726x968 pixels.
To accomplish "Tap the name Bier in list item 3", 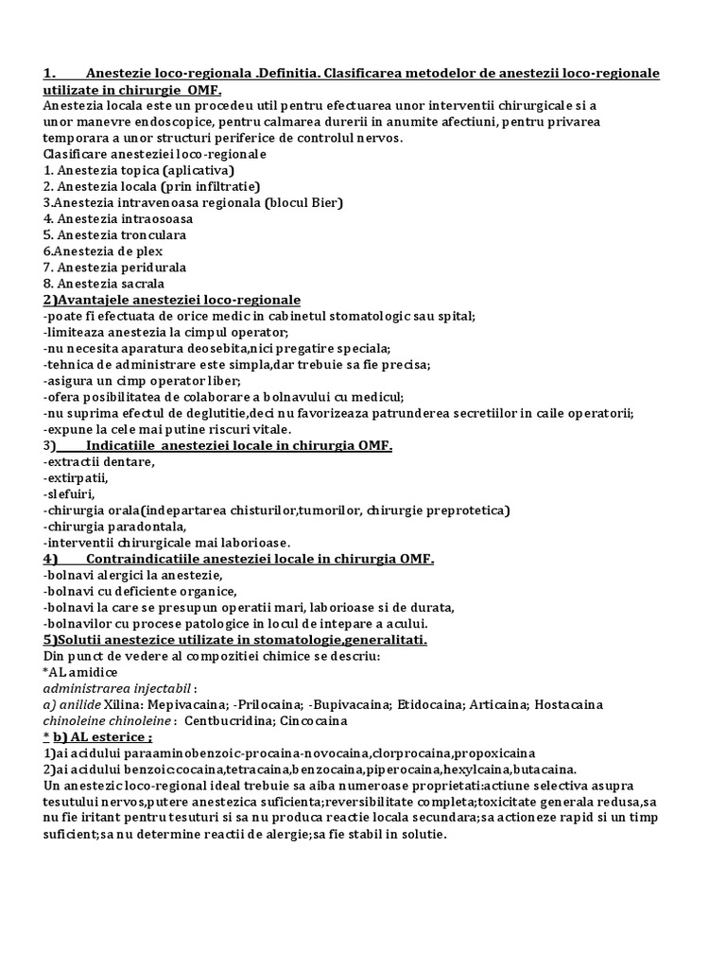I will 323,202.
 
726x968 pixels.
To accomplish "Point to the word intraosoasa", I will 155,218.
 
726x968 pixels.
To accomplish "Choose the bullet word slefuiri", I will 72,493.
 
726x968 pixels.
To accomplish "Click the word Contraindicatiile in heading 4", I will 151,559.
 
